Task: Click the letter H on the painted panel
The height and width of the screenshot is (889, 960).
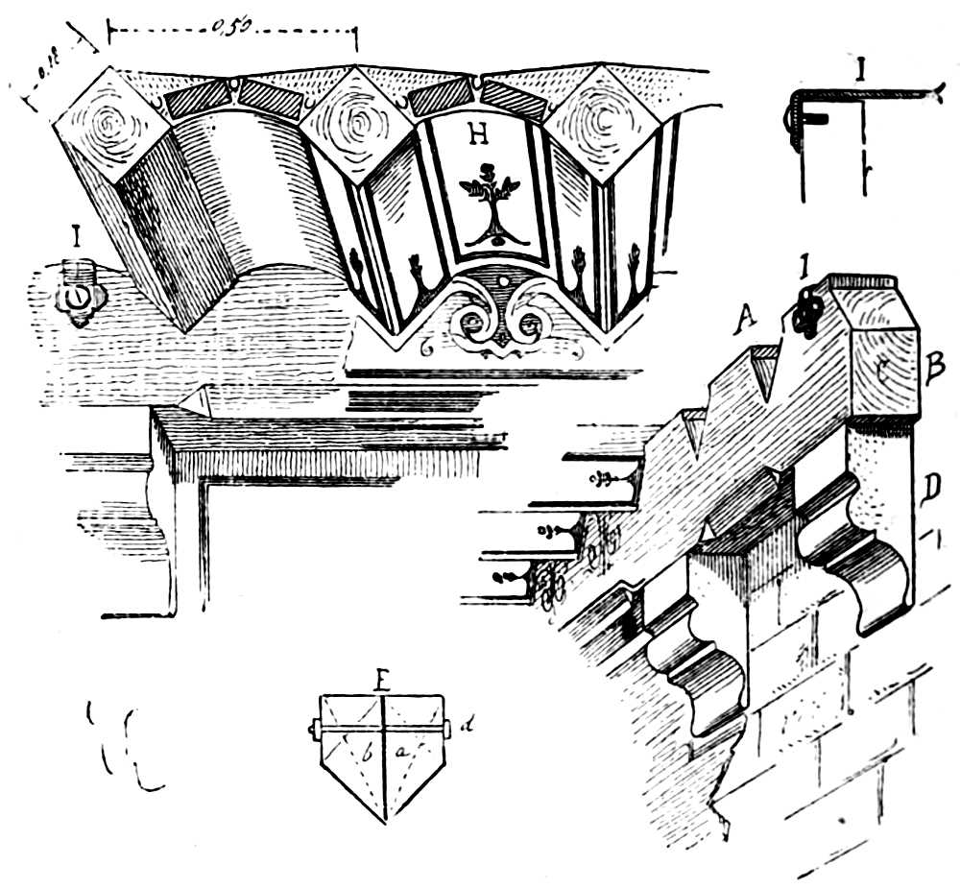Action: (x=477, y=135)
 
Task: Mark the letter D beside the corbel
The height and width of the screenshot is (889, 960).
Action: (x=930, y=489)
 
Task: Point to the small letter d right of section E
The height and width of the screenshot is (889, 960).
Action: (x=466, y=727)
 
